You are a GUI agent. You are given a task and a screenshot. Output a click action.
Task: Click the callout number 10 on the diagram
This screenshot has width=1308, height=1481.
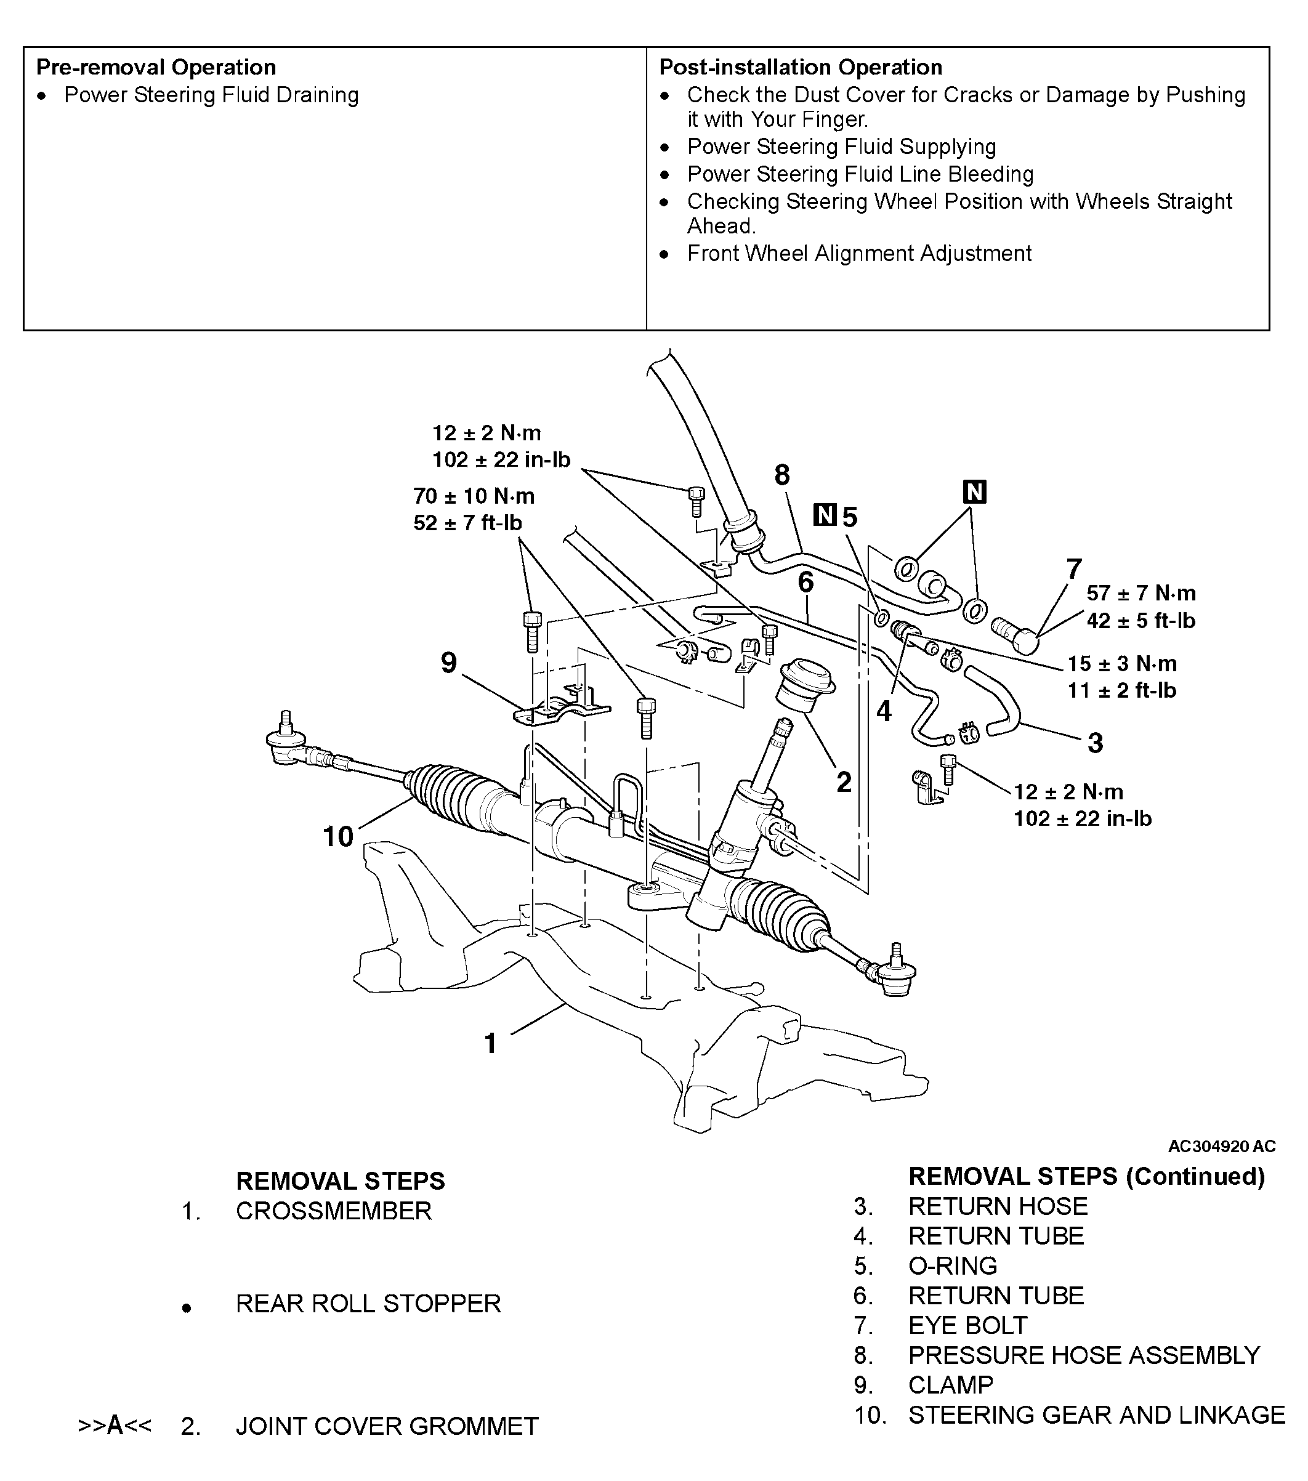(x=337, y=837)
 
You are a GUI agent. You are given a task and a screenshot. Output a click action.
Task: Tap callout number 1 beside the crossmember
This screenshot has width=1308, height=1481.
(x=491, y=1043)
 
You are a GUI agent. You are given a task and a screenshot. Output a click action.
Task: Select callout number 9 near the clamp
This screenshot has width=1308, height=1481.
(x=450, y=662)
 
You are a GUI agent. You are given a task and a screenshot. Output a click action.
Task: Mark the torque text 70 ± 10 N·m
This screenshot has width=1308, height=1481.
(x=474, y=496)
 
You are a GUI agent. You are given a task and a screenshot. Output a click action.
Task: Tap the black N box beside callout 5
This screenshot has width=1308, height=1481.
(x=825, y=516)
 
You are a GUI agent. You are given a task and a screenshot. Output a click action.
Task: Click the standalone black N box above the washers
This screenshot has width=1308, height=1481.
(x=975, y=492)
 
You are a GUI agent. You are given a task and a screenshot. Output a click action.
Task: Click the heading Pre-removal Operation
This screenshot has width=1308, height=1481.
(x=156, y=67)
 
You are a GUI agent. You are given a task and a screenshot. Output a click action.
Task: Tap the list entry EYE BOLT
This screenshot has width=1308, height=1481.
(x=967, y=1325)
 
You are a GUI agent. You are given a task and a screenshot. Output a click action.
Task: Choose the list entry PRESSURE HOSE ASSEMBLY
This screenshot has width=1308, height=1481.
(x=1083, y=1355)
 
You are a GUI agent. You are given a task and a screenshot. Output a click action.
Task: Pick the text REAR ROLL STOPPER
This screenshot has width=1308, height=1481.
(x=368, y=1304)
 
